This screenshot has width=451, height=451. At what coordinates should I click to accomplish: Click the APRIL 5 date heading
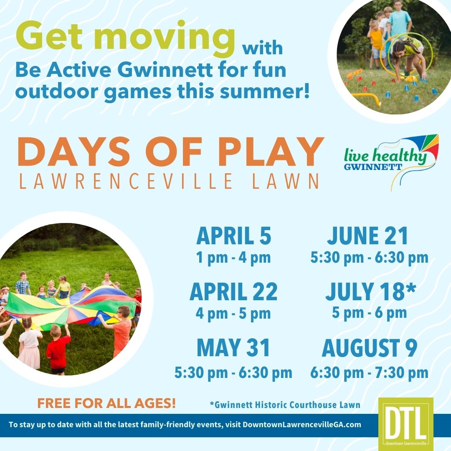point(233,236)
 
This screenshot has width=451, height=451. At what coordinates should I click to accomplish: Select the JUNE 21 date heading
point(367,236)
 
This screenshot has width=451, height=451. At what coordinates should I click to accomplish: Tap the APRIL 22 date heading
point(233,291)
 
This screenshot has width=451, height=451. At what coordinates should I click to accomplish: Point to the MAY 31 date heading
point(233,347)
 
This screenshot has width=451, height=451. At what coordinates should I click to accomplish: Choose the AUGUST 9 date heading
point(370,347)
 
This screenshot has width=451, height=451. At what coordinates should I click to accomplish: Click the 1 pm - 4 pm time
point(233,257)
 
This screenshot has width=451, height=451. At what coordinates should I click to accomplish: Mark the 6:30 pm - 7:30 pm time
point(369,373)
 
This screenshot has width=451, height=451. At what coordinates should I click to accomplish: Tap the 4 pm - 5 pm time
point(233,313)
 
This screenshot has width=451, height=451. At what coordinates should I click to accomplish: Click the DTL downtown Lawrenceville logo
point(405,422)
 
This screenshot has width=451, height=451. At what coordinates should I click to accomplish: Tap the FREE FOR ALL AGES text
point(106,403)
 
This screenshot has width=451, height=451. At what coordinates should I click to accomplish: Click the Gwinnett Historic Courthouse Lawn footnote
point(285,405)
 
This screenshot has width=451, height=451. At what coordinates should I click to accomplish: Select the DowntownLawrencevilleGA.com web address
point(302,425)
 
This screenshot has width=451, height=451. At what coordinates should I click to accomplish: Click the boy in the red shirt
point(58,350)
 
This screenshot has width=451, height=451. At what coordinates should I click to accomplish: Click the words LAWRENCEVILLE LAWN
point(169,181)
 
